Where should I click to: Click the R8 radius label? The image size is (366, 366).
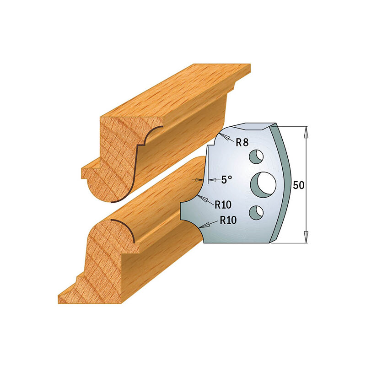pyautogui.click(x=242, y=142)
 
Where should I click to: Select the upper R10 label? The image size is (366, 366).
pyautogui.click(x=223, y=205)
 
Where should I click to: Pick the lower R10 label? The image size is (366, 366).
pyautogui.click(x=228, y=220)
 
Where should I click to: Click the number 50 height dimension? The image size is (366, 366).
pyautogui.click(x=298, y=185)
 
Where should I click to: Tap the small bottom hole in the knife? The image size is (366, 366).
pyautogui.click(x=256, y=211)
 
